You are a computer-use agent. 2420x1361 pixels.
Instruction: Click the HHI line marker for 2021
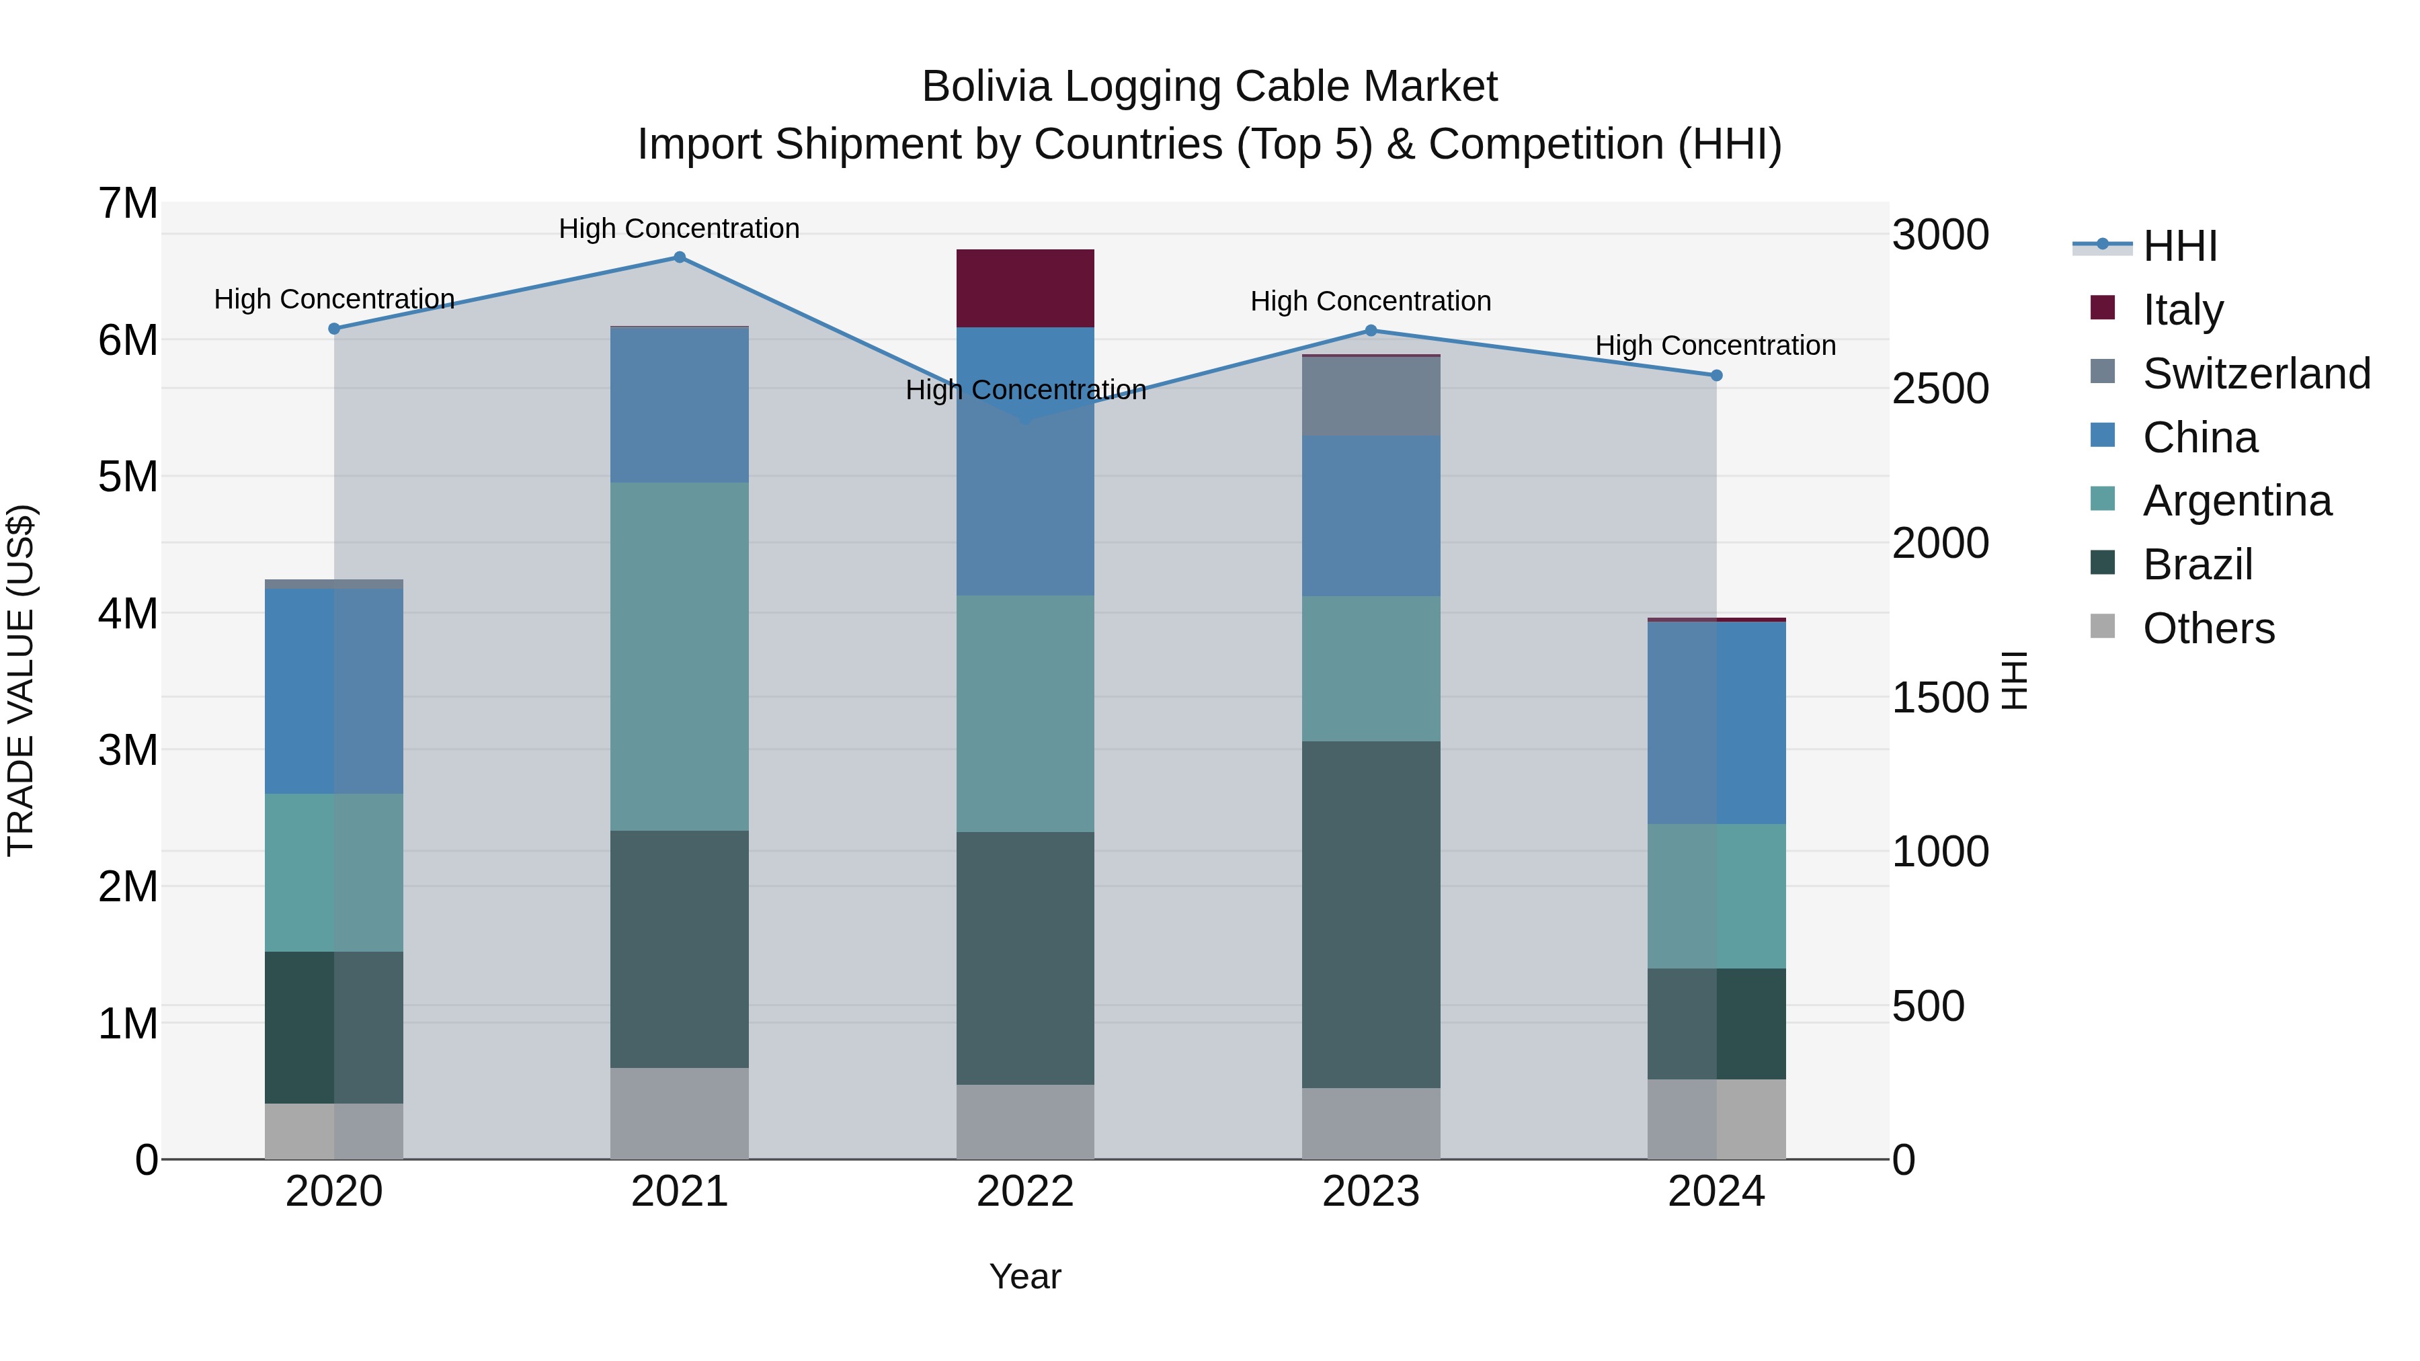(679, 257)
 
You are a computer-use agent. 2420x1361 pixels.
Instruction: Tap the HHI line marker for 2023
(1371, 331)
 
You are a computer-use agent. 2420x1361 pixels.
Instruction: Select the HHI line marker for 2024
(1716, 376)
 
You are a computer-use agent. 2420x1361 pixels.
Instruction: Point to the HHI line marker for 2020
(335, 329)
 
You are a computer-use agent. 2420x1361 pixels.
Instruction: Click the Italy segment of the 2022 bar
(1025, 288)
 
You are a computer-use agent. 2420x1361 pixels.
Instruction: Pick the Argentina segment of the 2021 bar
(679, 657)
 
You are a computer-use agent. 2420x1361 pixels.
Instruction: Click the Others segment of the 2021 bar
(679, 1113)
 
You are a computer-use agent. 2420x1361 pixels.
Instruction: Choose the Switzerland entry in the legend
(2255, 374)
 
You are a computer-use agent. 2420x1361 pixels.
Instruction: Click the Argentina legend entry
(2236, 501)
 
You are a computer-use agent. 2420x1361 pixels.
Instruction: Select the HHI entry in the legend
(2179, 246)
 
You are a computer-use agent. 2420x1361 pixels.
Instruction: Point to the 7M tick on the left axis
(128, 204)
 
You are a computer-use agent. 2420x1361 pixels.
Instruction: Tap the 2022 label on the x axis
(1025, 1192)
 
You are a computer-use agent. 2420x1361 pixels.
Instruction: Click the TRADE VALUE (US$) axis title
(22, 680)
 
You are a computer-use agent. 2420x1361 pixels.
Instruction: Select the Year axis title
(1025, 1276)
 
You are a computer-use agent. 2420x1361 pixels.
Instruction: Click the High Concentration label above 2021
(679, 229)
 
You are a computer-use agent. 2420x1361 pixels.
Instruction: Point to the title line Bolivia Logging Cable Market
(1209, 87)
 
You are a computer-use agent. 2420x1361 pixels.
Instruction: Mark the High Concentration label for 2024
(1716, 345)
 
